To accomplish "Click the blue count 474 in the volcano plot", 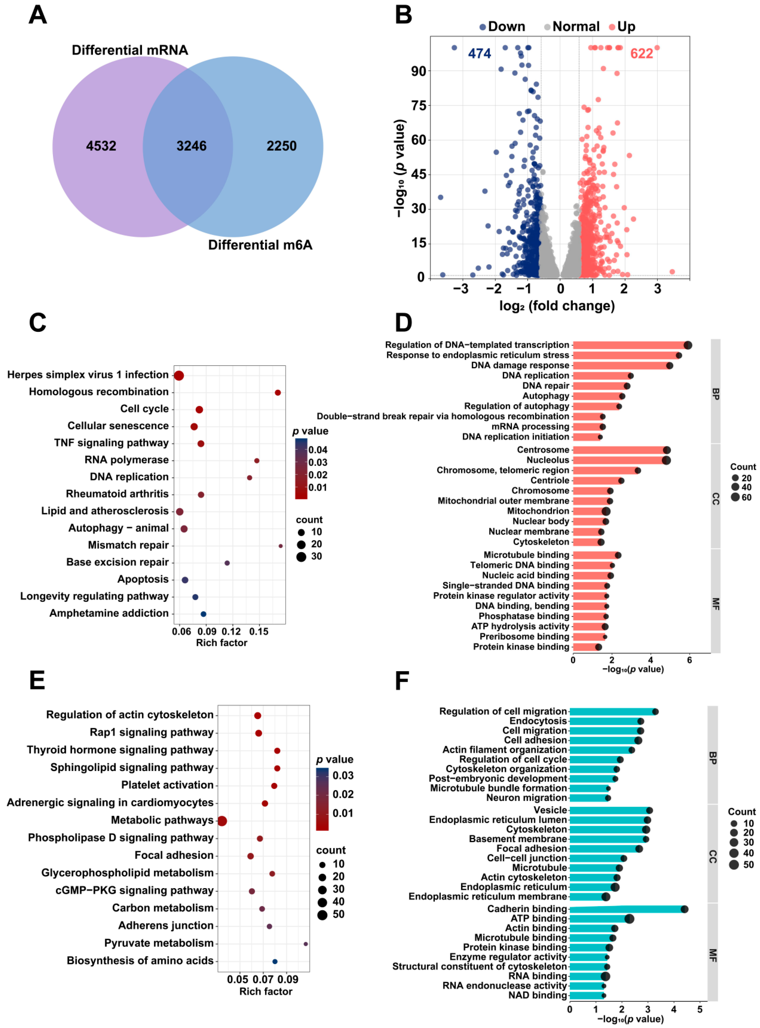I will pyautogui.click(x=479, y=54).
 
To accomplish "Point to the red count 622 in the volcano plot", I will pyautogui.click(x=641, y=54).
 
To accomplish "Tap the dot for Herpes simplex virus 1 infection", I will pyautogui.click(x=179, y=375).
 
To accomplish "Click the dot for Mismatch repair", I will pyautogui.click(x=281, y=546).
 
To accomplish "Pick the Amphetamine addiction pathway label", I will pyautogui.click(x=109, y=613).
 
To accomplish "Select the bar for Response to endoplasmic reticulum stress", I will pyautogui.click(x=626, y=355).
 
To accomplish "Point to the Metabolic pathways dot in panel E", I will pyautogui.click(x=222, y=821).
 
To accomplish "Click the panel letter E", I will pyautogui.click(x=37, y=680).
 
